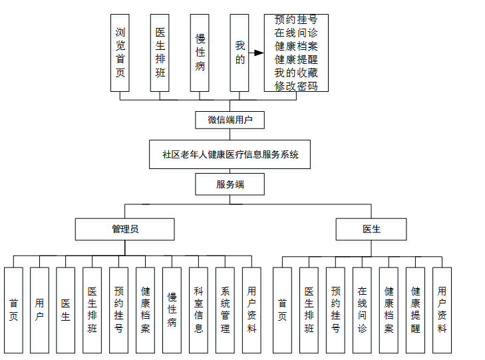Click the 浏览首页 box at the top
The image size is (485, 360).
120,53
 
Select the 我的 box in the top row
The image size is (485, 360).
240,53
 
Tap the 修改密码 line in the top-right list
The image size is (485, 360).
296,86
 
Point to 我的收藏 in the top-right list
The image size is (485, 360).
296,73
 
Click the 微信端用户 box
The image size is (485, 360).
230,120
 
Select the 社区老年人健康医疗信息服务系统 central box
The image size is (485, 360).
230,154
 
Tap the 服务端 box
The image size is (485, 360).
230,184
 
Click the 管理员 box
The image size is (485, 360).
124,229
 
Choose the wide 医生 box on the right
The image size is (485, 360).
371,229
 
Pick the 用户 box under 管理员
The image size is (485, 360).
40,309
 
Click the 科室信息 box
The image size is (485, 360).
199,309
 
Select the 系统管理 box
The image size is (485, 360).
226,309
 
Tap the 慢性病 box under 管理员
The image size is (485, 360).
172,309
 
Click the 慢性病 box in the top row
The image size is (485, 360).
200,53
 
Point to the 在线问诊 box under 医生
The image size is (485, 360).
362,309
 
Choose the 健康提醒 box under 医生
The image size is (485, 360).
415,309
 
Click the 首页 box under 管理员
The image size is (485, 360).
13,309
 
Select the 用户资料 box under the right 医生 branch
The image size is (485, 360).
442,309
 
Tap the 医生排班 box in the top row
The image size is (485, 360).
160,53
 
